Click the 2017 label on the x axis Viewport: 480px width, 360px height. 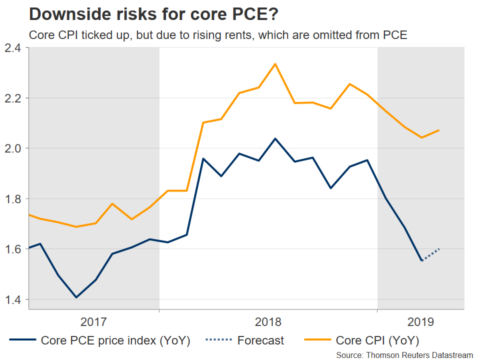94,320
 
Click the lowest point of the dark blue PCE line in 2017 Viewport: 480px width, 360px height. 76,297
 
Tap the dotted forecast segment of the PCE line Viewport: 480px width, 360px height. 431,254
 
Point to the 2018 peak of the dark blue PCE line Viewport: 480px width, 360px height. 275,138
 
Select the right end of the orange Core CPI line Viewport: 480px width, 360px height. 439,130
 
